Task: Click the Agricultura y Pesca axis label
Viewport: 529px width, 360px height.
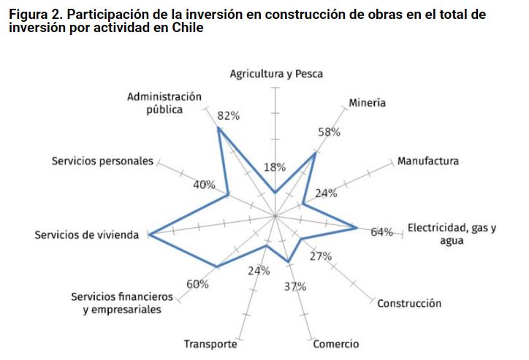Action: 276,74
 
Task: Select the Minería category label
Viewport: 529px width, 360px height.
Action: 367,103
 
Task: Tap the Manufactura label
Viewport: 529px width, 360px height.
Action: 428,161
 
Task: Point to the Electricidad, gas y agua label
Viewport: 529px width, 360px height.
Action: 452,234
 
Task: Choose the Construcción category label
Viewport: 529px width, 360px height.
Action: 409,303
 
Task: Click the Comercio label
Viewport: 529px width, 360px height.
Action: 336,344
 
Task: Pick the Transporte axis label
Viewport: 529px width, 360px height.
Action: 210,344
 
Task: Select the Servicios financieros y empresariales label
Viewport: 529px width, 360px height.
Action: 122,303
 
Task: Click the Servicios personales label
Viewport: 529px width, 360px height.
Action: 102,161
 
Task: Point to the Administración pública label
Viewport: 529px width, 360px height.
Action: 164,103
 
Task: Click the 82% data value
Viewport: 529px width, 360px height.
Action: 228,116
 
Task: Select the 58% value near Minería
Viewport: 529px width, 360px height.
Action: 329,132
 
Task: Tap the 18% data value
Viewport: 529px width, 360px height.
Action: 275,167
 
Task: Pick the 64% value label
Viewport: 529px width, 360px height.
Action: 381,233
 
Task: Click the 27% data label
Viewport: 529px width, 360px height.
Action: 320,256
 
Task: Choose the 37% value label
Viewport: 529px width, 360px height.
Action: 295,286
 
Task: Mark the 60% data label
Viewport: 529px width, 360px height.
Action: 198,284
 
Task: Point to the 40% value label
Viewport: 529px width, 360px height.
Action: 204,185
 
